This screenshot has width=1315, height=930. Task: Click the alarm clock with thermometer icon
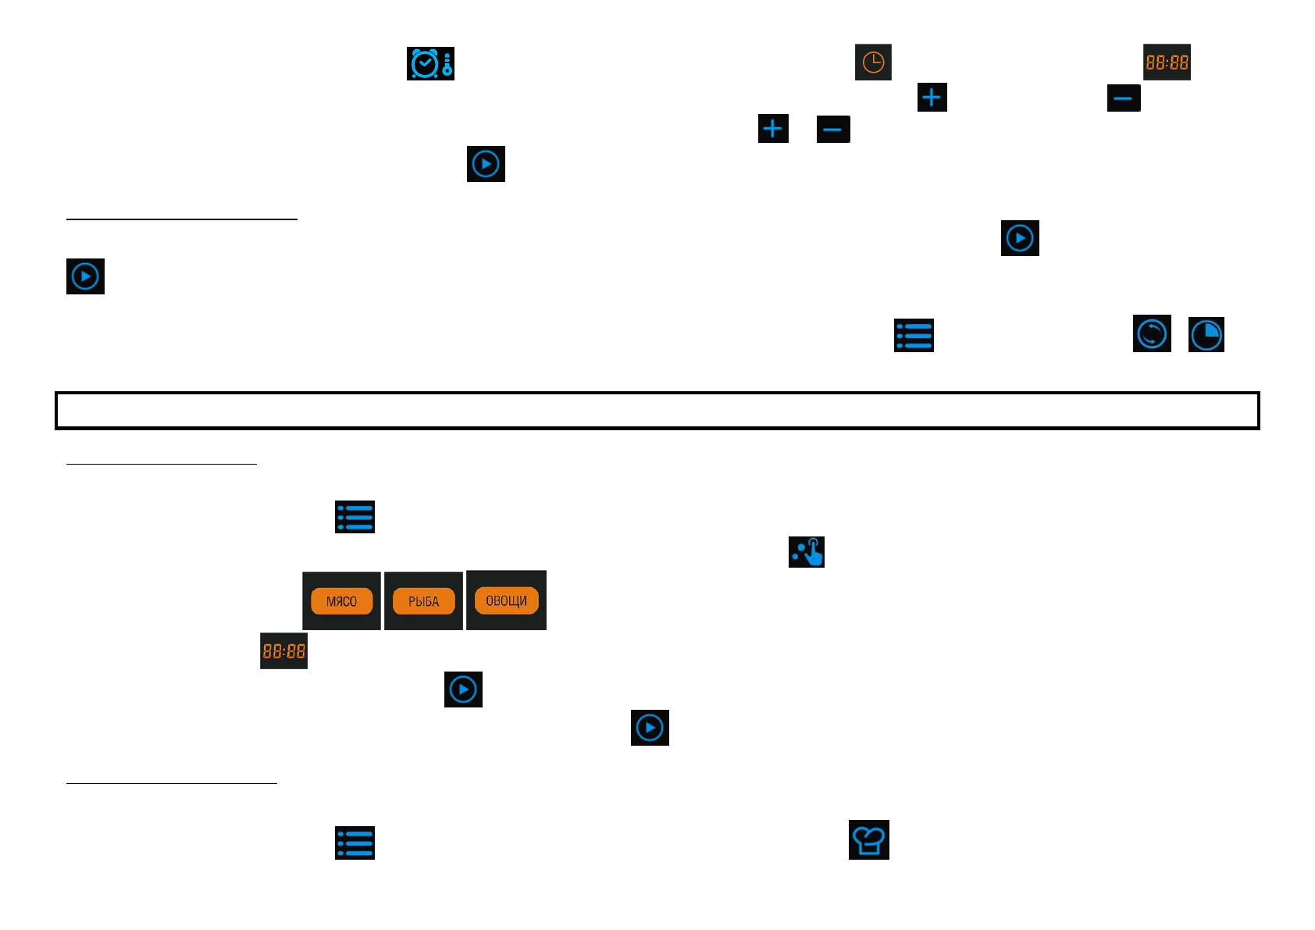click(x=430, y=63)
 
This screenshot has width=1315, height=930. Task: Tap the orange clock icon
click(x=873, y=62)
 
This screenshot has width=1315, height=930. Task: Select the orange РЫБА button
click(x=423, y=601)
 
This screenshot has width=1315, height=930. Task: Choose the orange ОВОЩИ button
click(x=506, y=600)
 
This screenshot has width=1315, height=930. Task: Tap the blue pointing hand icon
click(x=807, y=552)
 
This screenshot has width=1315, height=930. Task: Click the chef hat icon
click(x=868, y=840)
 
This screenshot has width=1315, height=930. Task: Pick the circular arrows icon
click(x=1152, y=334)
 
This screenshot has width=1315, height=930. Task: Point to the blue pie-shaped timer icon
click(x=1206, y=335)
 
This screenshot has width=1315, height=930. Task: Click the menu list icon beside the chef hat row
click(x=355, y=843)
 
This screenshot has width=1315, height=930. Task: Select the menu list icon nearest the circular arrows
click(x=914, y=336)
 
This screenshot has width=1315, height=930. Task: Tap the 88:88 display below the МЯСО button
click(x=283, y=651)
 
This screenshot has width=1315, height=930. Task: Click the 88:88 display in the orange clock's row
click(x=1167, y=62)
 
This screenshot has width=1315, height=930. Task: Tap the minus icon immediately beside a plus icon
click(x=833, y=129)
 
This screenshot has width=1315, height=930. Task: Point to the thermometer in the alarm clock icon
click(x=447, y=64)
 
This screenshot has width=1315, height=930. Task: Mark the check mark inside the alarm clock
click(x=425, y=63)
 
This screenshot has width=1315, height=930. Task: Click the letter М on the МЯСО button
click(x=330, y=602)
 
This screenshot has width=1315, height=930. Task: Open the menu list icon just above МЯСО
click(x=355, y=517)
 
